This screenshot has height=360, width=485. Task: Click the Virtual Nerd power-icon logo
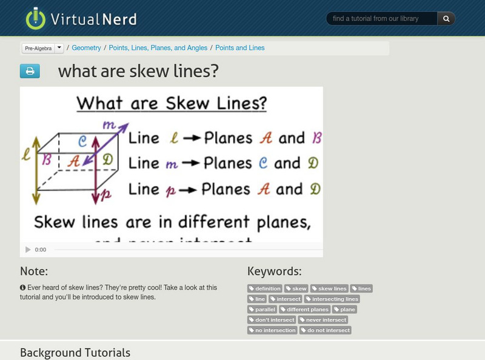click(x=36, y=19)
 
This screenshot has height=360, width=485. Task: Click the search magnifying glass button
click(x=446, y=19)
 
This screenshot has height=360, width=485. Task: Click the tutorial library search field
click(x=383, y=19)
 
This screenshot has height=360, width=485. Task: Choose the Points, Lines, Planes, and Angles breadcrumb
click(x=158, y=47)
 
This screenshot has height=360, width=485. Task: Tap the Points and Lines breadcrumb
click(x=240, y=47)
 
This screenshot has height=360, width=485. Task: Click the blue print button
click(x=30, y=72)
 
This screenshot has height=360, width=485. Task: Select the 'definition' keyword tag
click(x=265, y=288)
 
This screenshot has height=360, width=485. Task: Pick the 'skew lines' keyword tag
click(x=329, y=288)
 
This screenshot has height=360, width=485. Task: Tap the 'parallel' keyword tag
click(x=263, y=309)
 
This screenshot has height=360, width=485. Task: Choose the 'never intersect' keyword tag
click(x=323, y=319)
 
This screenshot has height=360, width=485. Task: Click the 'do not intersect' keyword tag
click(x=326, y=330)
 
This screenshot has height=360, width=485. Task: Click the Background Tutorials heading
click(x=75, y=352)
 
